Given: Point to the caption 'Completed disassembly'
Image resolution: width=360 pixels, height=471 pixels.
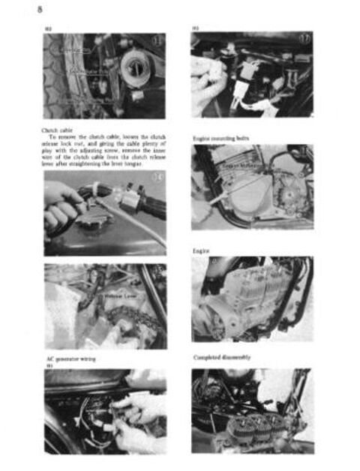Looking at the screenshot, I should [220, 358].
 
